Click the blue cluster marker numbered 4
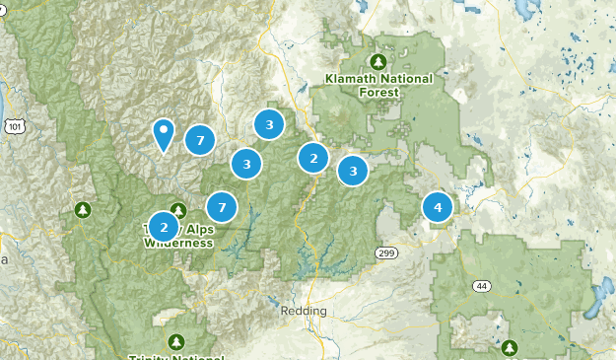(438, 207)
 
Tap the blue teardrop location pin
(164, 134)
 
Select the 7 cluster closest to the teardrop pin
(200, 141)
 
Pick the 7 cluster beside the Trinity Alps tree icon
(222, 207)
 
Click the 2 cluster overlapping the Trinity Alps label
(164, 226)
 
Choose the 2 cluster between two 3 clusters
(313, 157)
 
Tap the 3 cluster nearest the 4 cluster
(353, 171)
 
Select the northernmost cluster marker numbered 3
(269, 124)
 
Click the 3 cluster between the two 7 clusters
(247, 164)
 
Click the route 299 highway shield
(385, 254)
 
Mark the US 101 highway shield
(14, 126)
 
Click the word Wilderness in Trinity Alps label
(178, 242)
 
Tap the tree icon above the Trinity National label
(176, 341)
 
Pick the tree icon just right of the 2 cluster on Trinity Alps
(178, 210)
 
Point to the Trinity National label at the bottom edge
(176, 356)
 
